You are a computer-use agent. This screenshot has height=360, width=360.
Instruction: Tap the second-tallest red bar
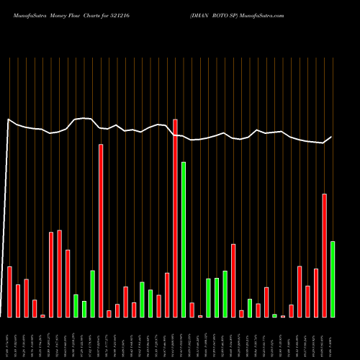(x=101, y=230)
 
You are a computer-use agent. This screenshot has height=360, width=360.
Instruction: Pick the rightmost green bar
(x=333, y=279)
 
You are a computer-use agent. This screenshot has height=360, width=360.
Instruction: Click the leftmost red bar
(x=9, y=292)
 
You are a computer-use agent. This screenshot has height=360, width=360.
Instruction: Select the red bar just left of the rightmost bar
(x=325, y=256)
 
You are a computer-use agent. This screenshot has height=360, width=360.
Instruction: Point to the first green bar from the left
(x=76, y=306)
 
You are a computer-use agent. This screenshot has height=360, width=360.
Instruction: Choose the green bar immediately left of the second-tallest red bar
(x=92, y=294)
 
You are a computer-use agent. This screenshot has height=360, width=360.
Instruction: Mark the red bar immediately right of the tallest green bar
(x=192, y=310)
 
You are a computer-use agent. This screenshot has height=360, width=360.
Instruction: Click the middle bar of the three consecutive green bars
(x=217, y=297)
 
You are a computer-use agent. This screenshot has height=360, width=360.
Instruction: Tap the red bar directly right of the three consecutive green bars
(x=233, y=281)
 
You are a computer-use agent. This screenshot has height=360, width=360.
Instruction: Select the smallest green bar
(x=274, y=315)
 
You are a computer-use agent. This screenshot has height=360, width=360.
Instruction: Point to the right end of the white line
(x=332, y=137)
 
